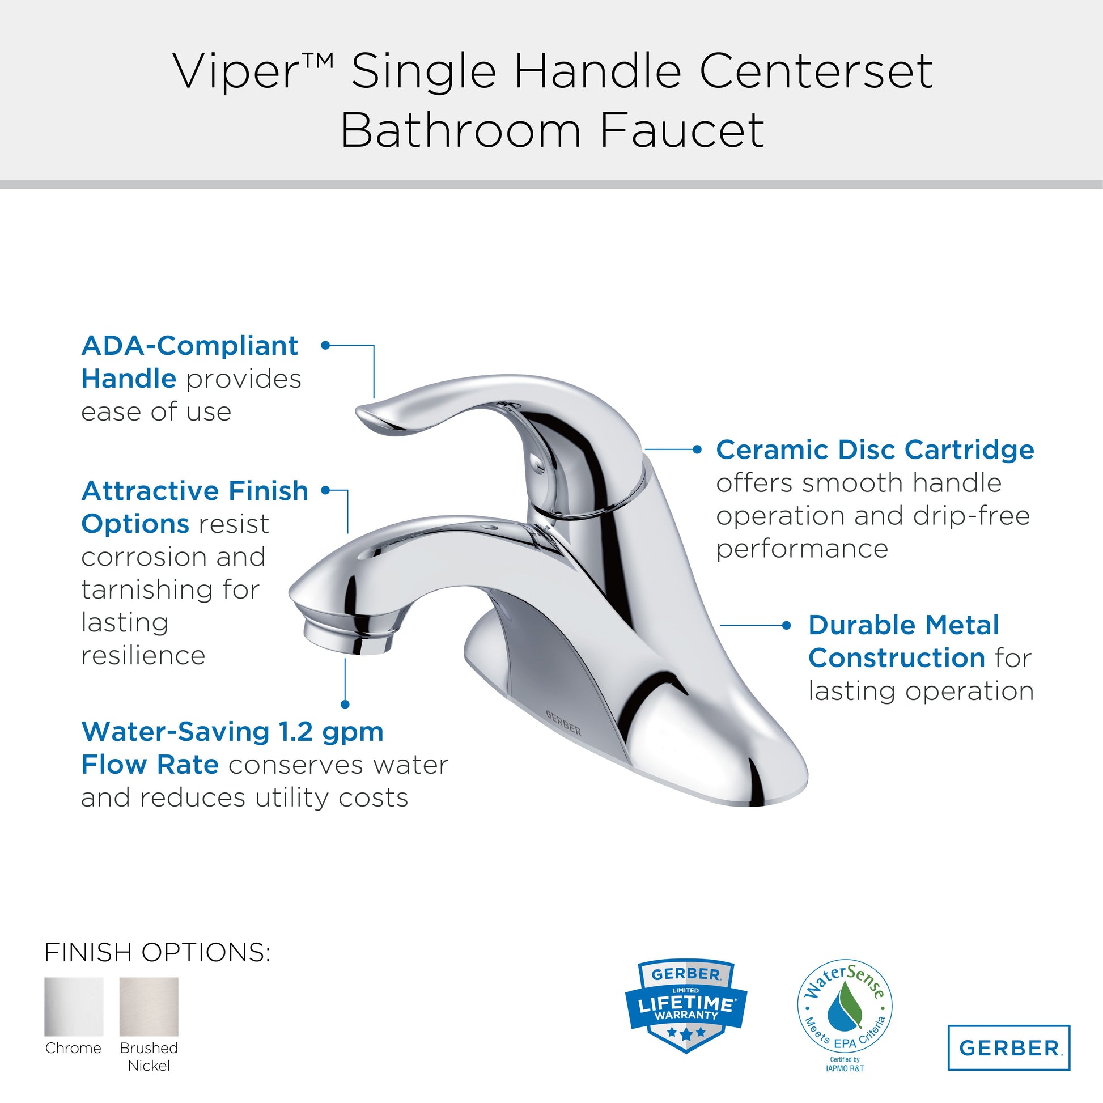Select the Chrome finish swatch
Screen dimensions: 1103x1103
(x=74, y=1007)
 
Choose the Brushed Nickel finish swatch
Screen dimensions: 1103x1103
(x=149, y=1007)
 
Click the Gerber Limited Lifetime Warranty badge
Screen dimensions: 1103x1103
(x=686, y=1006)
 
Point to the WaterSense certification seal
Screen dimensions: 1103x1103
(x=845, y=1012)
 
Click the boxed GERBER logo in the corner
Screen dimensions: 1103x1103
(x=1009, y=1047)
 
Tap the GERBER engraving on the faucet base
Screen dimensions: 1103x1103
(x=563, y=723)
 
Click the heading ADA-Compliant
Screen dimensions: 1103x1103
(x=189, y=345)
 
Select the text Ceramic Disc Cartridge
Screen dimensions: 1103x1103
(x=875, y=449)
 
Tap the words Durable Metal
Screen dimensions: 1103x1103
(x=903, y=625)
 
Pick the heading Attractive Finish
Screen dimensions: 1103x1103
(x=194, y=490)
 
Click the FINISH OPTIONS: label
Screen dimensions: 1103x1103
(x=157, y=952)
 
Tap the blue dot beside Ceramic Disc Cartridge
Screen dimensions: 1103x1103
(x=697, y=449)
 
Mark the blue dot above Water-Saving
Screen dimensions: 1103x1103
(x=345, y=705)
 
